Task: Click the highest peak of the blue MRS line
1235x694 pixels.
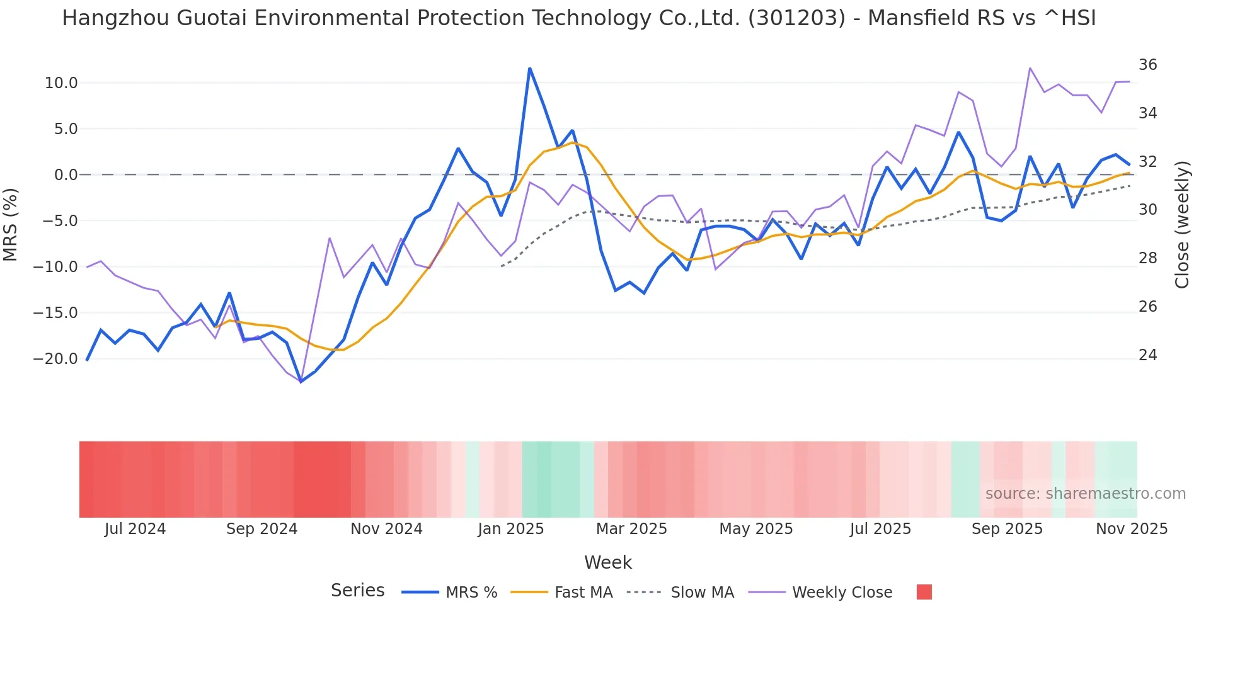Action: (530, 68)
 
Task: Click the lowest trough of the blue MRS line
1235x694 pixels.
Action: (301, 382)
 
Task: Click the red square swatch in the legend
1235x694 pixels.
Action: (924, 592)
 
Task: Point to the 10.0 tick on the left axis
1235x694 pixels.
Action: (61, 83)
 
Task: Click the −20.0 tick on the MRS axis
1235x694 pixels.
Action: (56, 359)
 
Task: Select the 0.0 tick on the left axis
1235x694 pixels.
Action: (66, 175)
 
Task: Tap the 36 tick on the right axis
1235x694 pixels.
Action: (1147, 65)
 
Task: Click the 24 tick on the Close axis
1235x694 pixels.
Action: (1147, 355)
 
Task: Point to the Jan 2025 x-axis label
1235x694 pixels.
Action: (510, 529)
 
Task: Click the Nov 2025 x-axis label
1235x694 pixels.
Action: (1132, 529)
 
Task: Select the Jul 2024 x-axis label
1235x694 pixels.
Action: (135, 529)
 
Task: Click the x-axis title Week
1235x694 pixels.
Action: (607, 562)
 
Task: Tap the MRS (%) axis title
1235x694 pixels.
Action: (11, 224)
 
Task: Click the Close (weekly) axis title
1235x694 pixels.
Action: (1182, 225)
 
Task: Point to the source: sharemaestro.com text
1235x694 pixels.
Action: (1085, 494)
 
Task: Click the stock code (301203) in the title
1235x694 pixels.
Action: (796, 18)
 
